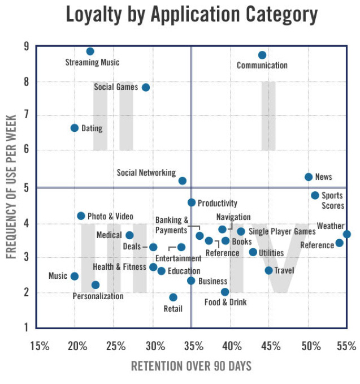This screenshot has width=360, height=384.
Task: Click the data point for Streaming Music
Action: coord(90,51)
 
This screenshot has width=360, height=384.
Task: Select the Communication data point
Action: coord(262,55)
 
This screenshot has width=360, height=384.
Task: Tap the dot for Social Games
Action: coord(146,87)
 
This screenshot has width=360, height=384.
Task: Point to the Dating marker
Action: coord(75,128)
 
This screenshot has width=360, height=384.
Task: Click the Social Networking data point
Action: coord(183,180)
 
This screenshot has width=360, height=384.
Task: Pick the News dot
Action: coord(309,177)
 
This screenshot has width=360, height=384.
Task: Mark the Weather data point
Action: coord(347,234)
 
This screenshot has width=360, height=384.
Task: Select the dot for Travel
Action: coord(268,270)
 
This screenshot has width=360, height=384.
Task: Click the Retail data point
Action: coord(173,297)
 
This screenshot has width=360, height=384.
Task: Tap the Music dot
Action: coord(74,276)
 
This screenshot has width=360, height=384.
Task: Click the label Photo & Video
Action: coord(110,216)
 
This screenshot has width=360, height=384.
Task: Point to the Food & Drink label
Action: coord(226,302)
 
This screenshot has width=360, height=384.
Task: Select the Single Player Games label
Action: coord(282,231)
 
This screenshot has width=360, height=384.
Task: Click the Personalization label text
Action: coord(98,296)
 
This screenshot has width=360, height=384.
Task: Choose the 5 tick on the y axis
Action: coord(25,187)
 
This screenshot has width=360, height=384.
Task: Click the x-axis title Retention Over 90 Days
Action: coord(191,366)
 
